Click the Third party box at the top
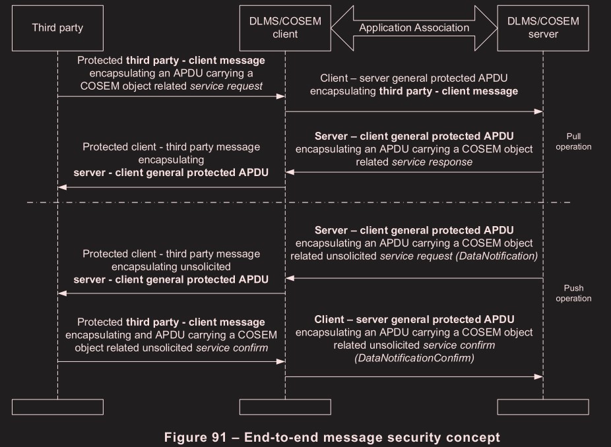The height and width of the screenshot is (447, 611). point(57,28)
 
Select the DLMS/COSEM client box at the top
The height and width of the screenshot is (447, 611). point(285,28)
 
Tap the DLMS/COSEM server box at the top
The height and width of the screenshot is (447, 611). point(543,28)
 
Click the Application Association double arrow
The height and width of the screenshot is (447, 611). point(414,28)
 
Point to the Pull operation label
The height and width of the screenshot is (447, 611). point(573,142)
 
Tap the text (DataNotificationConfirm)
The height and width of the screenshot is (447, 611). point(414,358)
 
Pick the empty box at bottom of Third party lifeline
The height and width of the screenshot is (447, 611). point(57,406)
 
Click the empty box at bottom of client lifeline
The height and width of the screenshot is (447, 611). point(285,406)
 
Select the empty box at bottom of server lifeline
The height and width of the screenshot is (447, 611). point(543,406)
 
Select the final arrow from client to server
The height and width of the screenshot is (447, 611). point(414,376)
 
